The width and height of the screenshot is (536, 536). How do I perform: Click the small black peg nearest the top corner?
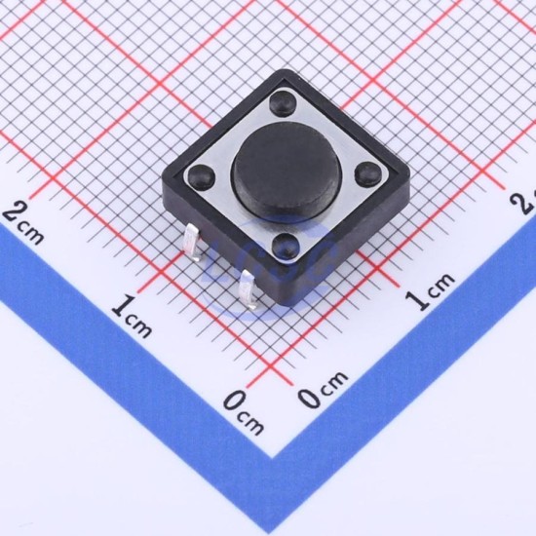point(282,102)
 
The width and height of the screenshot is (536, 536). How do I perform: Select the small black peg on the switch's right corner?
point(367,172)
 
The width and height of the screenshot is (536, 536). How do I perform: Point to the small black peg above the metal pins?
point(287,246)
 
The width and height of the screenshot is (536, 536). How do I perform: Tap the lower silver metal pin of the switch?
point(249,289)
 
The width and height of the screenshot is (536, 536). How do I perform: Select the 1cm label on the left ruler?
point(132,317)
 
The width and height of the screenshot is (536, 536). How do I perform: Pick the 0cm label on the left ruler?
point(244,413)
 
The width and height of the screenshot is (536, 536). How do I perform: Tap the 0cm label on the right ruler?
point(323,390)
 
